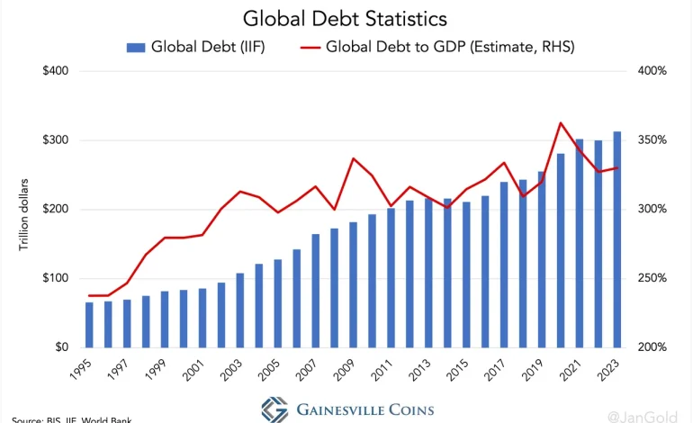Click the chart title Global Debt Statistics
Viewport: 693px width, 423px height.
[346, 18]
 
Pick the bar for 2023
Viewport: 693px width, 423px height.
[616, 239]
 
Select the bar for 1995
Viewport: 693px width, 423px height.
[89, 325]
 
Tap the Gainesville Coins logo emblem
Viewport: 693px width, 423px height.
[274, 409]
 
